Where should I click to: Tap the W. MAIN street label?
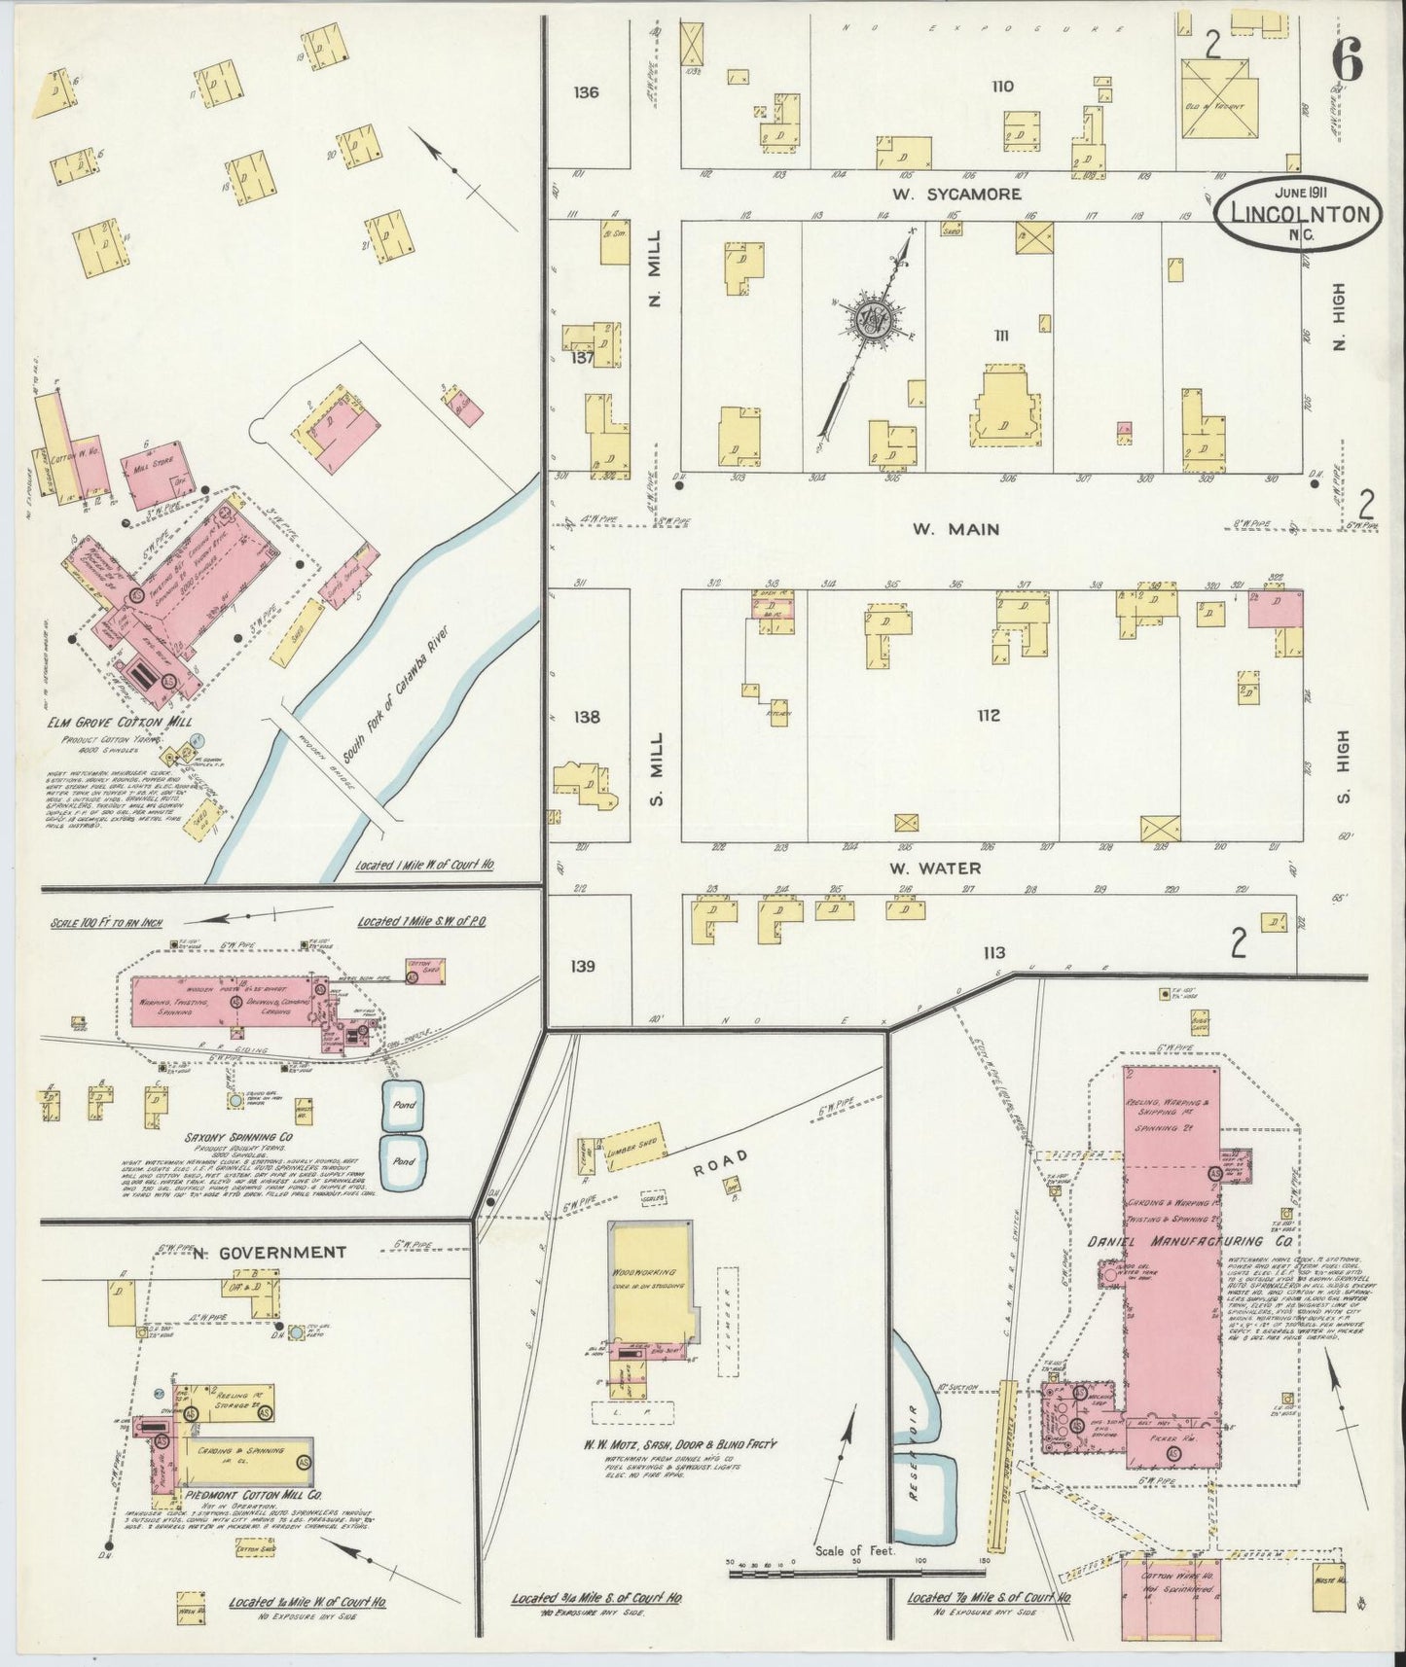pyautogui.click(x=955, y=529)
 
